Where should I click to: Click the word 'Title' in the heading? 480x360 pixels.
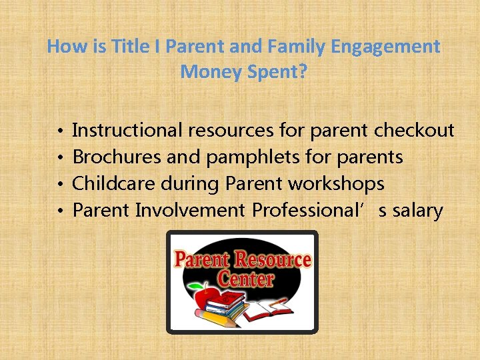(x=124, y=47)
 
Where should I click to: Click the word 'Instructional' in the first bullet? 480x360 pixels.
(x=127, y=130)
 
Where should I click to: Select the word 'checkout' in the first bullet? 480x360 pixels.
(x=414, y=130)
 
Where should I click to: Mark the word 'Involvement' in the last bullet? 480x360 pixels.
(x=190, y=211)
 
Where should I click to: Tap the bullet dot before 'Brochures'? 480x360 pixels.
(x=59, y=158)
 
